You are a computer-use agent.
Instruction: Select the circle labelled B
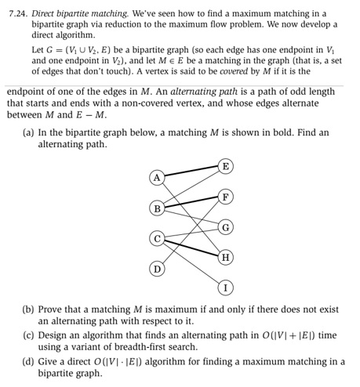coord(157,208)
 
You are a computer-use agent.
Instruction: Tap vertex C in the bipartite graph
coord(157,238)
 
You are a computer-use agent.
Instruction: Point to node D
coord(157,269)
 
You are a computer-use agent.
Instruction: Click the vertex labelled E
coord(226,165)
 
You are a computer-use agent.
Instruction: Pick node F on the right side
coord(226,196)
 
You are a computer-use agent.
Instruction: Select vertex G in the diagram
coord(226,226)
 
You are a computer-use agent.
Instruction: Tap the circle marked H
coord(226,256)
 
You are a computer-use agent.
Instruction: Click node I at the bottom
coord(226,287)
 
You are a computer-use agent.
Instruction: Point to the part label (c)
coord(30,335)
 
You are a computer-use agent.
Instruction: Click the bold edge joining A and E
coord(191,172)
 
